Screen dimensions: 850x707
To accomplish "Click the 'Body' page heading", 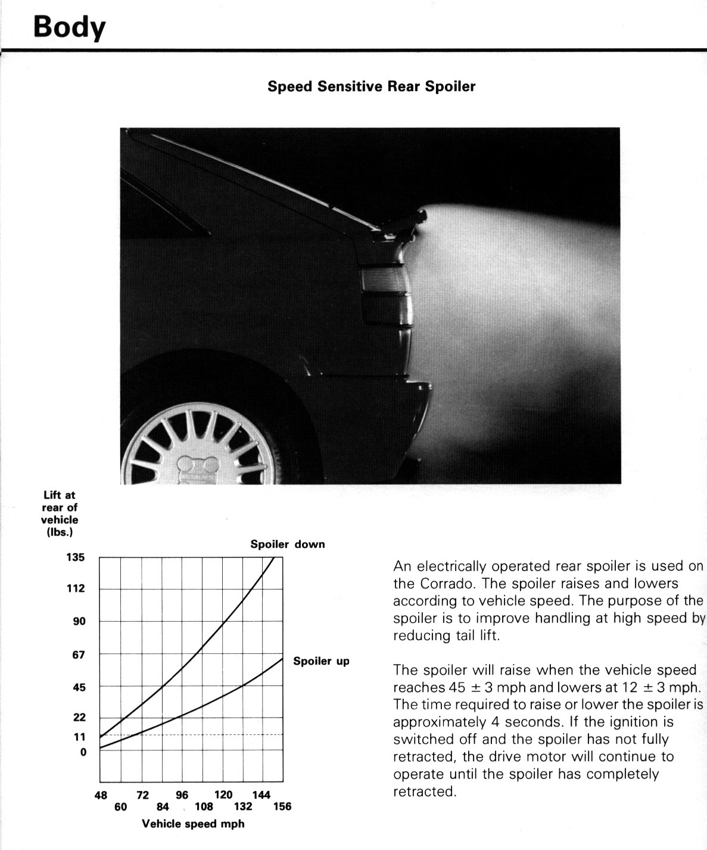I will coord(69,27).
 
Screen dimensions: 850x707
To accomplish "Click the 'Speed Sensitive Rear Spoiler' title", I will coord(371,86).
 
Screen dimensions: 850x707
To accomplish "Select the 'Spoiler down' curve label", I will coord(288,544).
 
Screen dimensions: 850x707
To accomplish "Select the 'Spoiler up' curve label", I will coord(321,661).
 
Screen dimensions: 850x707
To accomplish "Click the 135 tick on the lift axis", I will coord(75,557).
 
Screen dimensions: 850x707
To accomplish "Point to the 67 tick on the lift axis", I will coord(79,654).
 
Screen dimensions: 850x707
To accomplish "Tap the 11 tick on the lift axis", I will coord(79,737).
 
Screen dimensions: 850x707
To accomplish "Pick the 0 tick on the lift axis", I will coord(83,752).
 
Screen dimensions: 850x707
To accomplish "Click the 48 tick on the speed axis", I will coord(101,795).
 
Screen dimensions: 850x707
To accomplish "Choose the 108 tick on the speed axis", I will coord(204,806).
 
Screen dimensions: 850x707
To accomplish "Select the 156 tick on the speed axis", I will coord(282,806).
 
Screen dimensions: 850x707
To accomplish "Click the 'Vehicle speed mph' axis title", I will coord(193,824).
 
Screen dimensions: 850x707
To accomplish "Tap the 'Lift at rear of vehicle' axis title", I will coord(60,513).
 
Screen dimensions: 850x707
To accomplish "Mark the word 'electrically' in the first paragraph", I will coord(448,566).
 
